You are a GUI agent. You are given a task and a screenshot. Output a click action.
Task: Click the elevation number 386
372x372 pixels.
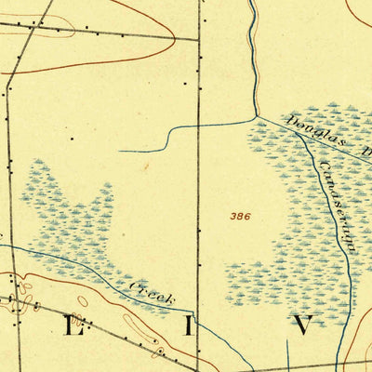pos(240,216)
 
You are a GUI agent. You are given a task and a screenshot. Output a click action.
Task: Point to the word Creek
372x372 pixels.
pos(153,294)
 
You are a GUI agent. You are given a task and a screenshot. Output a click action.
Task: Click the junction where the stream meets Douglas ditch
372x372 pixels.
pos(255,117)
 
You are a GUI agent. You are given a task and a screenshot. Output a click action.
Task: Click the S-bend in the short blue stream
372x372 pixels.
pos(168,136)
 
